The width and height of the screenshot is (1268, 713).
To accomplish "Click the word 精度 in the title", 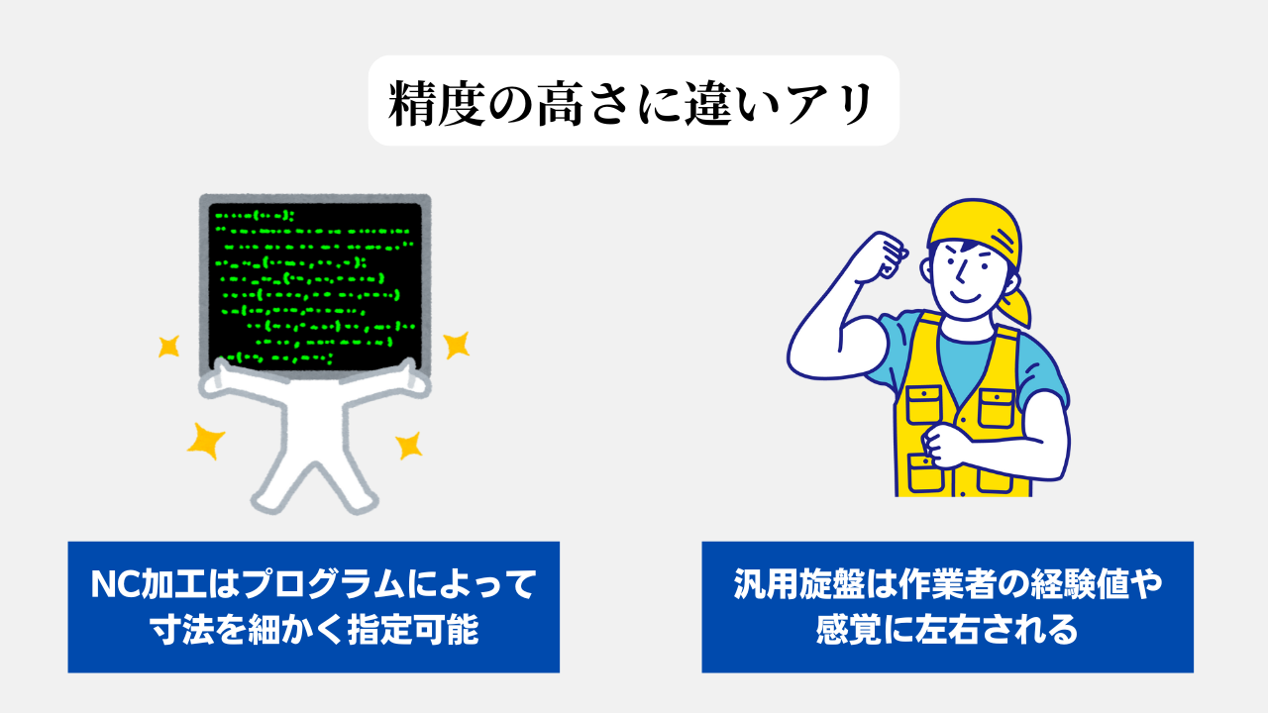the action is point(436,104).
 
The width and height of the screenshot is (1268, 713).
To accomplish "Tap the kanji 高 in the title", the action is point(561,104).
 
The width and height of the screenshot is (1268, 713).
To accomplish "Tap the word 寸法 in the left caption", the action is point(181,629).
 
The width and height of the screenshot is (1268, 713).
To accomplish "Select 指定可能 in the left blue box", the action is point(413,629).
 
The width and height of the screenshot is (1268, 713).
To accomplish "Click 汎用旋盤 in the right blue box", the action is point(798,583).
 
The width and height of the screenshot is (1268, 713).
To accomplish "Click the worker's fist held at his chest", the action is point(944,446).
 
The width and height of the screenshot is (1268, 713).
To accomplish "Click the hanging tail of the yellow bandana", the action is point(1016,307).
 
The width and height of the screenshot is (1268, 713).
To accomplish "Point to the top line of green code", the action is point(255,216).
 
